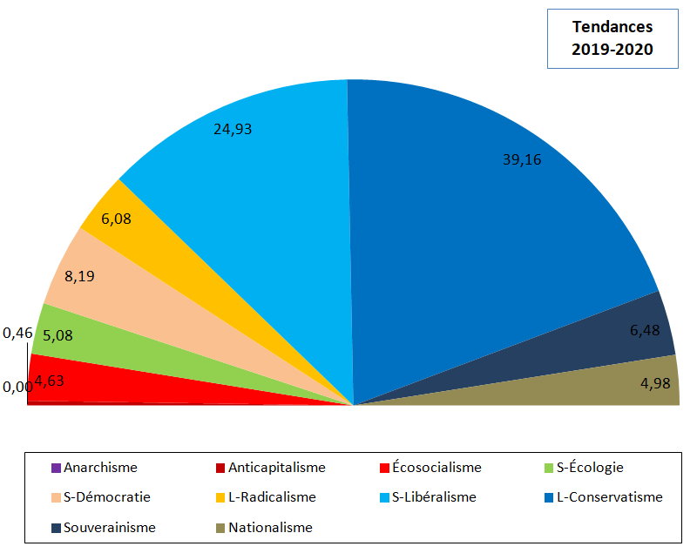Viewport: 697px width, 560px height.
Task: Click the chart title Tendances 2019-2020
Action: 612,38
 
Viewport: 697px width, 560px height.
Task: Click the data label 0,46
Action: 17,333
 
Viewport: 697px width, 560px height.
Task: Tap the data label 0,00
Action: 17,387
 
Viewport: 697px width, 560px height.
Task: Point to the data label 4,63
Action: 50,381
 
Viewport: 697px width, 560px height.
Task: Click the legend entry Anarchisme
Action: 95,468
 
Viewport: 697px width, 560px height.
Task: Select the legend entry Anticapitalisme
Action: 271,468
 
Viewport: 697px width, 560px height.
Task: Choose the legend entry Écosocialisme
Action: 430,468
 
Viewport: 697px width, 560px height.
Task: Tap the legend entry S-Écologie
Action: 584,468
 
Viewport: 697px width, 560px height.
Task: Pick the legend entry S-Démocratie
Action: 101,497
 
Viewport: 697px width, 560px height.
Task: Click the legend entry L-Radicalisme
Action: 266,497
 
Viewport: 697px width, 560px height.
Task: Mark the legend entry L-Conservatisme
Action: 604,497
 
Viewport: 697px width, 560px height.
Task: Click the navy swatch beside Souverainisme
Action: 56,528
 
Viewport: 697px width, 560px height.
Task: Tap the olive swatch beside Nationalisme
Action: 220,528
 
